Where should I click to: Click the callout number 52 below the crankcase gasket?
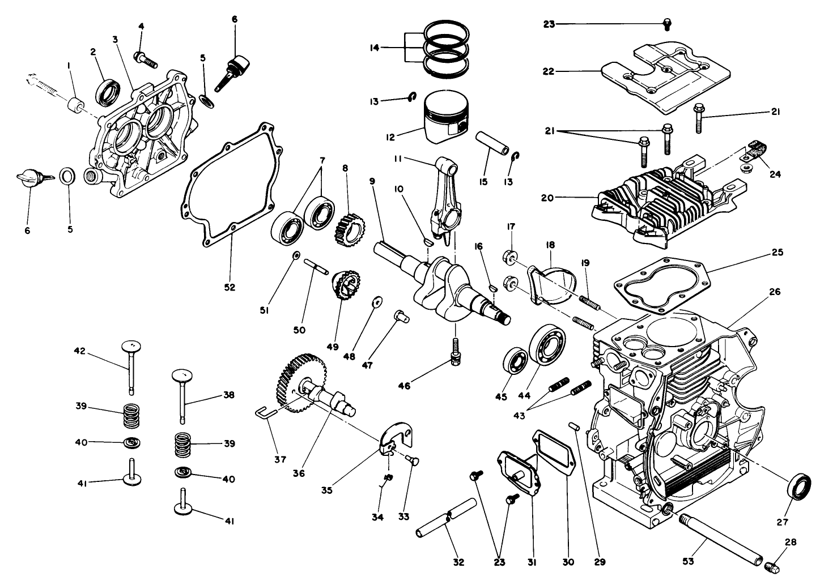[229, 288]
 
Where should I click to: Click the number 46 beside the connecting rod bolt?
[404, 386]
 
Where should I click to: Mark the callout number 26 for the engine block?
[775, 292]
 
